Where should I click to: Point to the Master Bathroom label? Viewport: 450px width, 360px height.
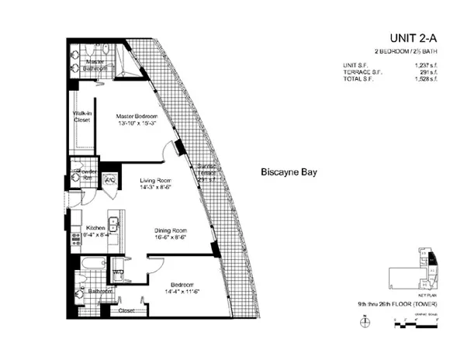pyautogui.click(x=96, y=64)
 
